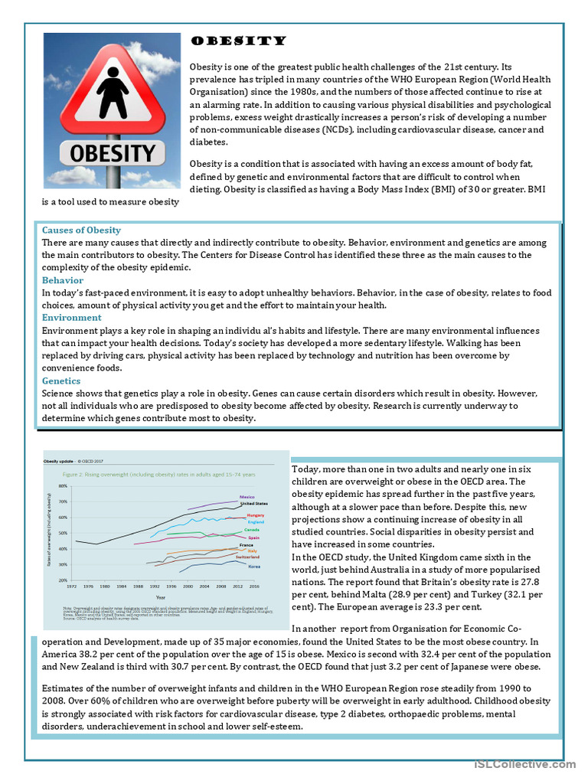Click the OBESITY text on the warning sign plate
pos(112,152)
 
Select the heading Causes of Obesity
pos(81,230)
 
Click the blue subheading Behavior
pos(63,280)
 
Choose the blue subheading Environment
pos(71,318)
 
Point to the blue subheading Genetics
pos(61,381)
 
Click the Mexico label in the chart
pos(247,497)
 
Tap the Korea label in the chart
pos(253,567)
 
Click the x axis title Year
pos(160,596)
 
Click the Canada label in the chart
pos(251,530)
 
